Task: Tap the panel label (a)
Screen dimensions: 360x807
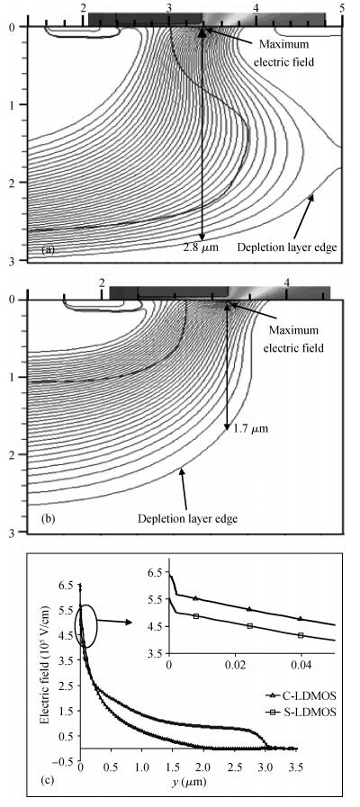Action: (49, 250)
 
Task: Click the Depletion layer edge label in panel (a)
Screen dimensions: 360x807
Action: (287, 247)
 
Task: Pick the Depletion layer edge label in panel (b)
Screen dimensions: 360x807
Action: (187, 518)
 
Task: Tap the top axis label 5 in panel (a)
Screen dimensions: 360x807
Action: (341, 8)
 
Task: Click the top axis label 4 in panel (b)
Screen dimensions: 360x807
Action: (287, 282)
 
